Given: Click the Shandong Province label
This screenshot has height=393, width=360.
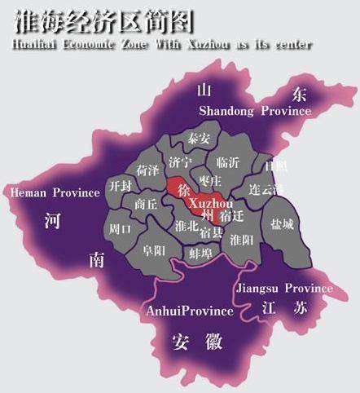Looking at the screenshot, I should [x=255, y=111].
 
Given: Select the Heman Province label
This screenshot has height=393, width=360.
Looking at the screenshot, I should [x=54, y=192].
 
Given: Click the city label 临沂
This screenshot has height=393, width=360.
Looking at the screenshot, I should [x=230, y=162].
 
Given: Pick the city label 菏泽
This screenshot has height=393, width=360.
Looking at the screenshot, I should [x=147, y=171].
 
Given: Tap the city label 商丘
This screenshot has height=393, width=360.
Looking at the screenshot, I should [x=147, y=204].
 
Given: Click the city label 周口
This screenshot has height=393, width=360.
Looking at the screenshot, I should [x=121, y=229].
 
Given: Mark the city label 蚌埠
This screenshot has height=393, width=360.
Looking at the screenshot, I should [x=200, y=254].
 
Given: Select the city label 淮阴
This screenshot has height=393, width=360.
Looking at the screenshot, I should [x=242, y=240].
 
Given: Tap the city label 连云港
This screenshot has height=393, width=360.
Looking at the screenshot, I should [x=266, y=189].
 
